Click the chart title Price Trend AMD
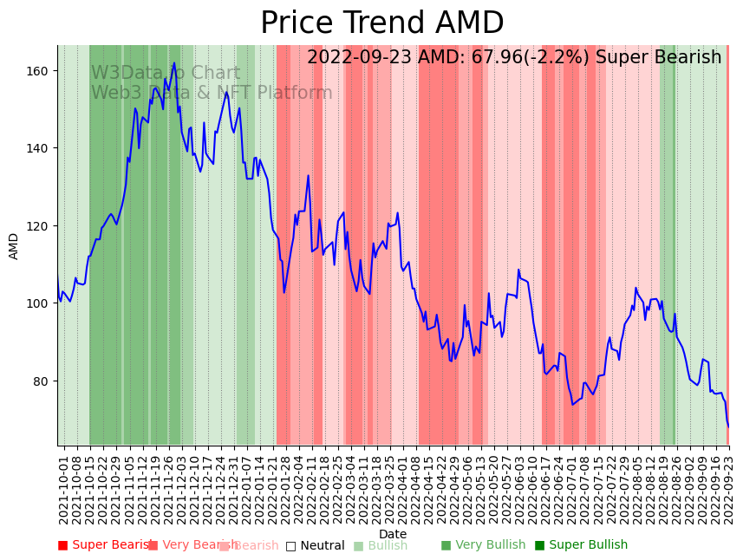(x=381, y=23)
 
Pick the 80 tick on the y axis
(x=44, y=381)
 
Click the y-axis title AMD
(x=14, y=246)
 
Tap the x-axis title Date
(x=393, y=535)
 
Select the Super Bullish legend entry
(x=581, y=545)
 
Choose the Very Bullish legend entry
(x=483, y=545)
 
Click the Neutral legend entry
(x=315, y=545)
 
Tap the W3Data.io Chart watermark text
(x=166, y=74)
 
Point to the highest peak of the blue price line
(x=174, y=62)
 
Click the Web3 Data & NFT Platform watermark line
(x=212, y=93)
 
